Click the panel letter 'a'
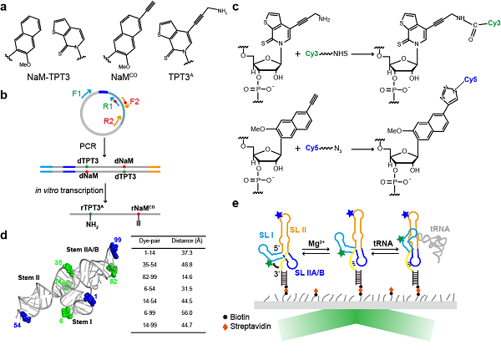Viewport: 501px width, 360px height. coord(7,7)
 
